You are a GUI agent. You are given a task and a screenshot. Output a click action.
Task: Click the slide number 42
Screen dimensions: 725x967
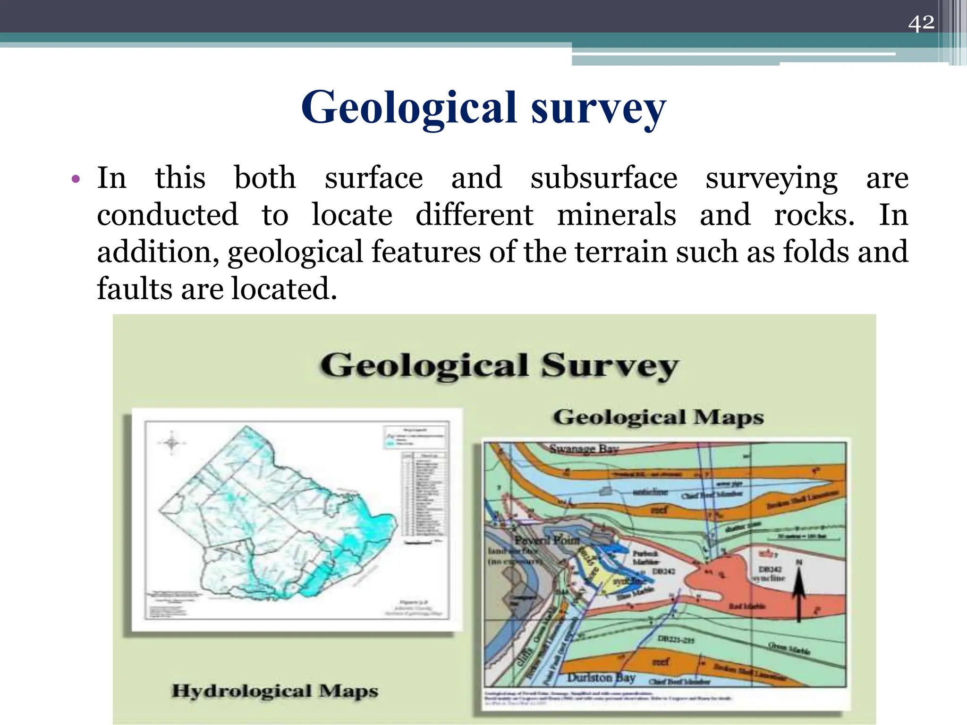[x=921, y=23]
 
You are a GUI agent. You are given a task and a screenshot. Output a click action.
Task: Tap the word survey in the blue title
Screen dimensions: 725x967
[x=598, y=109]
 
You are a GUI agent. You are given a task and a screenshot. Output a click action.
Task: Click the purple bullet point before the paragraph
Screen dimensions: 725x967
[x=76, y=179]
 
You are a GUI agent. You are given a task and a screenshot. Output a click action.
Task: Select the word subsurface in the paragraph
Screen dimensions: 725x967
[x=604, y=178]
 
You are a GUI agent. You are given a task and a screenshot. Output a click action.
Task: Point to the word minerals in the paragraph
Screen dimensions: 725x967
[x=616, y=215]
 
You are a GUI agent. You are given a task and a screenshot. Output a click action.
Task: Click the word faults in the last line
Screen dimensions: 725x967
[x=134, y=288]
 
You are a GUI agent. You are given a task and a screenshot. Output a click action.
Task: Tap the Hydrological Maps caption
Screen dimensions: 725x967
[x=275, y=691]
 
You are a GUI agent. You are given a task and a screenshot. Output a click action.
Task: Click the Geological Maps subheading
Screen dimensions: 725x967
[x=658, y=417]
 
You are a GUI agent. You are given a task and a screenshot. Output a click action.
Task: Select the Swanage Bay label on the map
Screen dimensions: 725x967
[x=584, y=449]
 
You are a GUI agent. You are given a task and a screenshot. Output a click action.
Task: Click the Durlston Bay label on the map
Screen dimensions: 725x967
[x=601, y=678]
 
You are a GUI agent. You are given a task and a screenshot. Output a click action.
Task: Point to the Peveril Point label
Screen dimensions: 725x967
[x=547, y=540]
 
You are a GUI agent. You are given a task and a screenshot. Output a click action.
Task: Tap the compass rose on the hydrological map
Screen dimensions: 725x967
[x=172, y=443]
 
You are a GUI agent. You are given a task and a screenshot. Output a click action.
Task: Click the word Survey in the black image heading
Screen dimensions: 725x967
[x=609, y=366]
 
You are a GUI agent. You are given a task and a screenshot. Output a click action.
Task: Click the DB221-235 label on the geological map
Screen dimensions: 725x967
[x=676, y=640]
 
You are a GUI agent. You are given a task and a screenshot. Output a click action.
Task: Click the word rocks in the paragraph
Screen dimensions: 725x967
[x=814, y=215]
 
